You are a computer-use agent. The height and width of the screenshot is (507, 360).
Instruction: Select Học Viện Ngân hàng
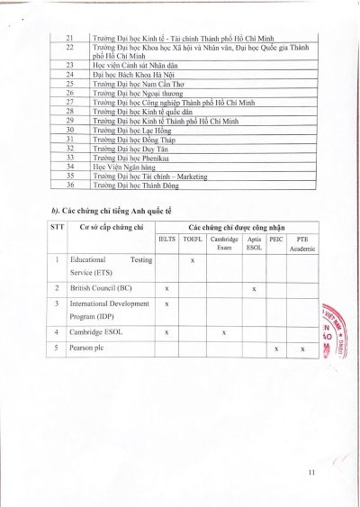tap(127, 167)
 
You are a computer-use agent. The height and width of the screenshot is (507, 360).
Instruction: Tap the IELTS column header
tap(166, 240)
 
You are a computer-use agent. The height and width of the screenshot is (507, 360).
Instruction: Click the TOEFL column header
tap(192, 240)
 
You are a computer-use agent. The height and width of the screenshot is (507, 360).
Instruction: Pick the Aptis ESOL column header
tap(254, 244)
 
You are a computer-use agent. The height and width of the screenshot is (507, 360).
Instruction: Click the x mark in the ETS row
tap(193, 259)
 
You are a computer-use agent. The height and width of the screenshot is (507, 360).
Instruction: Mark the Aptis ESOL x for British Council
tap(255, 288)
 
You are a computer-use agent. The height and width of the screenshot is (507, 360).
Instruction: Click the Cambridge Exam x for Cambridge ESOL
tap(223, 331)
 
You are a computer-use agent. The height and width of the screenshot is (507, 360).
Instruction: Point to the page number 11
tap(311, 473)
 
